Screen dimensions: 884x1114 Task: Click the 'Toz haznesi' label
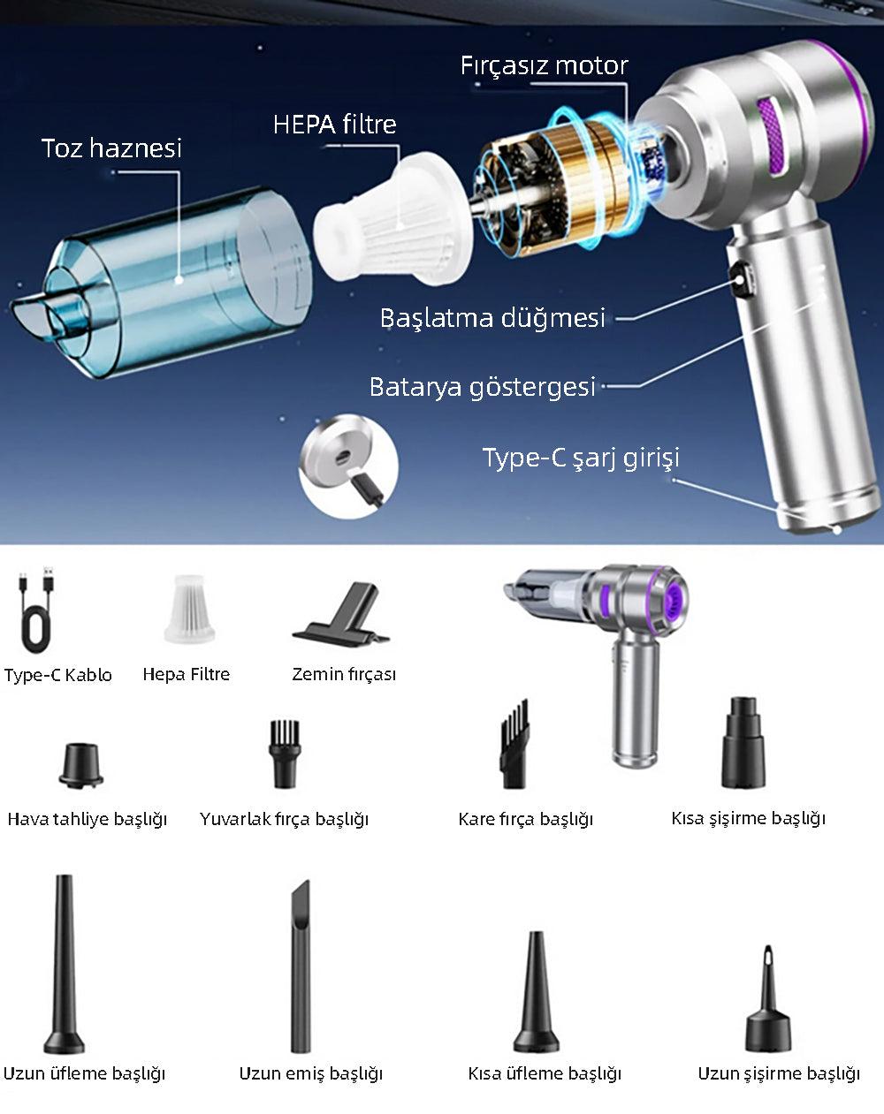[x=111, y=148]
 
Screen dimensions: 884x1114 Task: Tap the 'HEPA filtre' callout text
[x=335, y=125]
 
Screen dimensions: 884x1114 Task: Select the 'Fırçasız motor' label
[x=544, y=65]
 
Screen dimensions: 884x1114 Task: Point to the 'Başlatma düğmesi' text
[x=492, y=317]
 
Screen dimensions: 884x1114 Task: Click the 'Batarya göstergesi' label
[x=482, y=387]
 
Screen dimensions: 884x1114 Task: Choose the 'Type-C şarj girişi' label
[x=581, y=458]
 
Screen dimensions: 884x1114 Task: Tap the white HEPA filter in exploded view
[x=392, y=217]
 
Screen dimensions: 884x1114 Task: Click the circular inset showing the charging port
[x=348, y=466]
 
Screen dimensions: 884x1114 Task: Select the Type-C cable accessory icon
[x=36, y=610]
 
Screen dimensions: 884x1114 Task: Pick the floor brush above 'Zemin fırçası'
[x=342, y=614]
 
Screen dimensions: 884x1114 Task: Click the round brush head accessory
[x=285, y=754]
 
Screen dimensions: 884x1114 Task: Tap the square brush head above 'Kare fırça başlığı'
[x=514, y=744]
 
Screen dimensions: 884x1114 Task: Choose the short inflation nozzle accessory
[x=743, y=742]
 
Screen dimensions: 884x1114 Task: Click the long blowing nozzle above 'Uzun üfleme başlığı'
[x=64, y=965]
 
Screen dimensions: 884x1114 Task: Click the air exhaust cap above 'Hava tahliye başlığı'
[x=80, y=766]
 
